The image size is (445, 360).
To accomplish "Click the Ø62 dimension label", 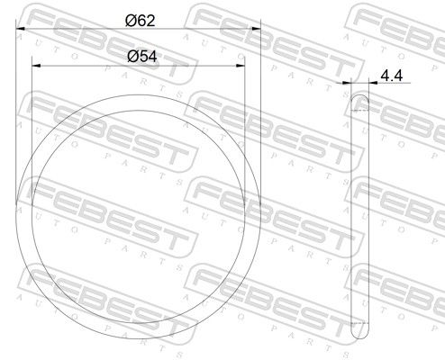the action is coord(141,21).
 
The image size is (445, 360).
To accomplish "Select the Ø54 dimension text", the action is coord(142,57).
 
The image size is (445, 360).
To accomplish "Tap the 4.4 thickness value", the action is coord(392,76).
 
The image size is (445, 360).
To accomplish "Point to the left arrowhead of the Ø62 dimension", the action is coord(20,29).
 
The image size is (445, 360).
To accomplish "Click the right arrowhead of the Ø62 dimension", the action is coord(256,29).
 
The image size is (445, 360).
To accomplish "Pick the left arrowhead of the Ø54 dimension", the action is coord(36,66).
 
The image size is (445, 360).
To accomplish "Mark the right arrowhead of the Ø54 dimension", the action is coord(241,66).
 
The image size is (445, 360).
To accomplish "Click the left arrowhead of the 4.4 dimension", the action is coord(347,83).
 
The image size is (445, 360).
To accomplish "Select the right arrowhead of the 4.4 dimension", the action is coord(373,83).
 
